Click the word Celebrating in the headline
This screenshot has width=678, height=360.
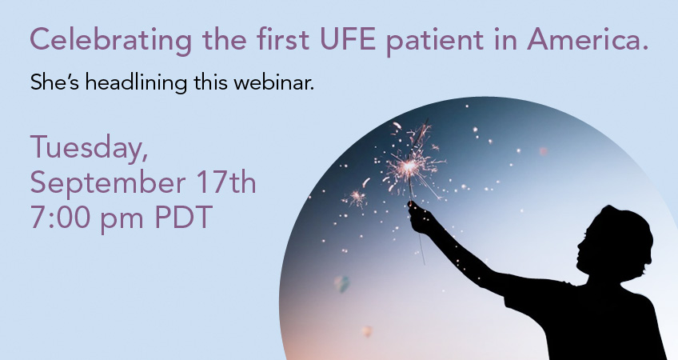click(110, 40)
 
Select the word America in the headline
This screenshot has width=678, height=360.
click(584, 39)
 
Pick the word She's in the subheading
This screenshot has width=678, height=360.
click(54, 82)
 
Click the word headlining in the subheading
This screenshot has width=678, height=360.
click(136, 83)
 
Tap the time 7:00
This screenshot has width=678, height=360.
click(59, 218)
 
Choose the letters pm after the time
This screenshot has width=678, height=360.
click(122, 220)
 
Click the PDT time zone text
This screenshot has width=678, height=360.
click(184, 218)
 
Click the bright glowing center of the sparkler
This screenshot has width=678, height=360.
click(409, 166)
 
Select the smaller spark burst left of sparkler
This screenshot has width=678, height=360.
click(357, 198)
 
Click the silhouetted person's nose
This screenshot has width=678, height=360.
click(580, 246)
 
